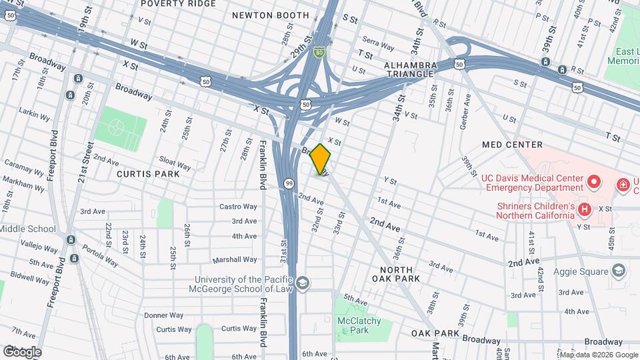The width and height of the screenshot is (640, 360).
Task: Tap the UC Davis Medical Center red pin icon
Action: point(593,181)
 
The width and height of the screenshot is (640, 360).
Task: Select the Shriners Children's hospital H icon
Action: point(585,210)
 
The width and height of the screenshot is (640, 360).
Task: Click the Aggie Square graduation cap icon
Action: point(619,271)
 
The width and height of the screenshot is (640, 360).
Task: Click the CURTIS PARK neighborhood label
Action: point(148,174)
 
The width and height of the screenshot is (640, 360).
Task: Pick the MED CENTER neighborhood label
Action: point(513,145)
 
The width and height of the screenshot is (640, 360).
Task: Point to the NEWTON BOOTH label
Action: point(270,15)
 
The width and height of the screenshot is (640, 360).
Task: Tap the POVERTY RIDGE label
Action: point(179,3)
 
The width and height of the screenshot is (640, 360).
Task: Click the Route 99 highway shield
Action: point(289,183)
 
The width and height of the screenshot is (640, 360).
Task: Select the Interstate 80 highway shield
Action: point(320,51)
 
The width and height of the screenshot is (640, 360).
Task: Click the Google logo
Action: point(22,351)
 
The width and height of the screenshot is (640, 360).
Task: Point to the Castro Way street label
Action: point(238,207)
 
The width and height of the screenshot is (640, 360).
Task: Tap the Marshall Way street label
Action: point(235,259)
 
